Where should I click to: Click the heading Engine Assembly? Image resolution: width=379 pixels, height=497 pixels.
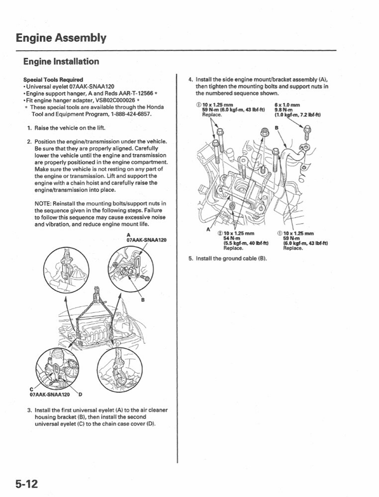click(x=60, y=38)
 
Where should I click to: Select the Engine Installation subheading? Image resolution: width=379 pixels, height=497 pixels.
click(x=61, y=62)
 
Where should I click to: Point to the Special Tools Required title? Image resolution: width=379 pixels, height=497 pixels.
click(x=53, y=80)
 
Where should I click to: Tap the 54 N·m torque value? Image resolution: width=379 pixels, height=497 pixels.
click(x=232, y=238)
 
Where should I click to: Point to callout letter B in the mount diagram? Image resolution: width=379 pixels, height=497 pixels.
click(x=277, y=127)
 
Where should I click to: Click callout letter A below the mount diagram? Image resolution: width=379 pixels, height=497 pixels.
click(x=207, y=229)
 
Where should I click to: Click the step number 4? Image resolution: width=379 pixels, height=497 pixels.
click(x=190, y=79)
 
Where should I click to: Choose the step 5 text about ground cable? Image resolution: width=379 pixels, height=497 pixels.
click(x=231, y=258)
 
